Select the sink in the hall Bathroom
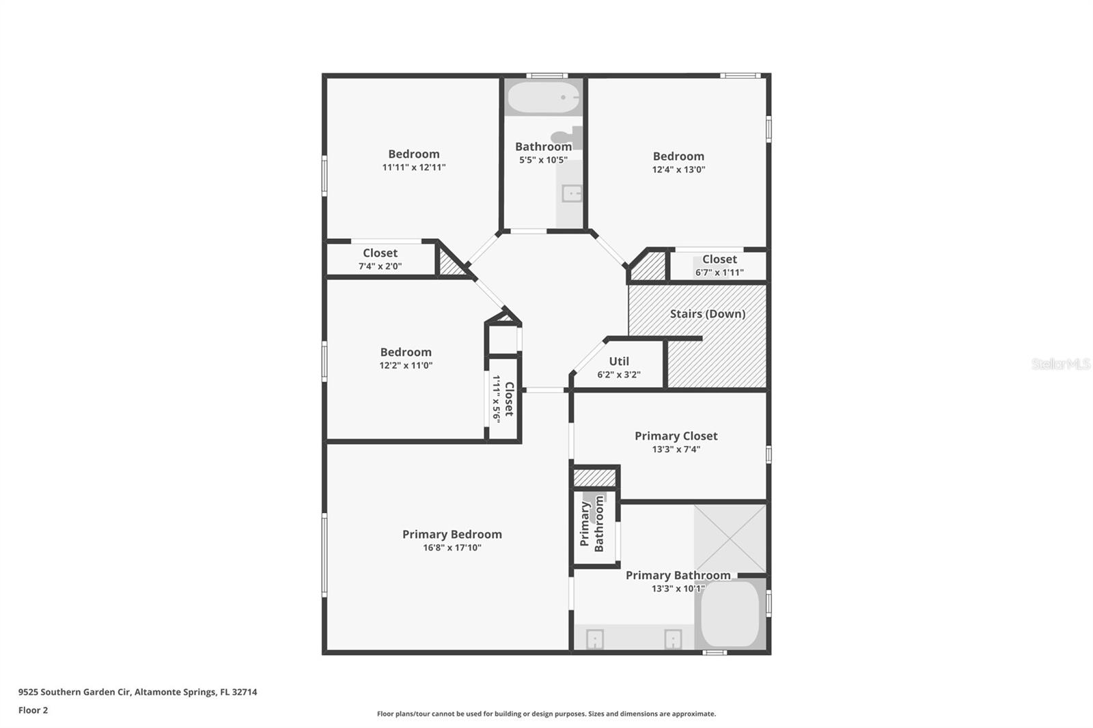tap(571, 194)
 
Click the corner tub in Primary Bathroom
tap(730, 613)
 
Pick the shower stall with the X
tap(730, 539)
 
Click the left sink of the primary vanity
tap(595, 639)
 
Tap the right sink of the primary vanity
tap(673, 639)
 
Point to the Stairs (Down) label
tap(707, 313)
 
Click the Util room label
tap(619, 361)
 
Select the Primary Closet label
tap(676, 436)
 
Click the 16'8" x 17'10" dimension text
tap(452, 548)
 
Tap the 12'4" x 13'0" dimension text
tap(678, 169)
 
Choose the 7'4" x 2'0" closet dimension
tap(380, 266)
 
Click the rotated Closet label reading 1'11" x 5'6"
tap(503, 400)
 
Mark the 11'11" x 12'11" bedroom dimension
tap(413, 167)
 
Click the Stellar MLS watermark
tap(1060, 364)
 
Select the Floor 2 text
tap(33, 710)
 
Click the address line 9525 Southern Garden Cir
tap(137, 692)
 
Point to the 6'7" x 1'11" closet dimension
tap(719, 272)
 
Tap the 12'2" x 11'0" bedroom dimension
tap(406, 365)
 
